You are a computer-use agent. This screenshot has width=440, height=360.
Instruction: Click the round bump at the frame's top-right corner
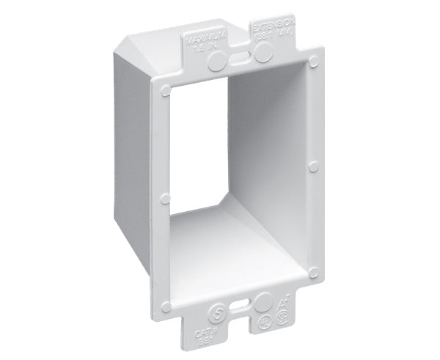313,57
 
